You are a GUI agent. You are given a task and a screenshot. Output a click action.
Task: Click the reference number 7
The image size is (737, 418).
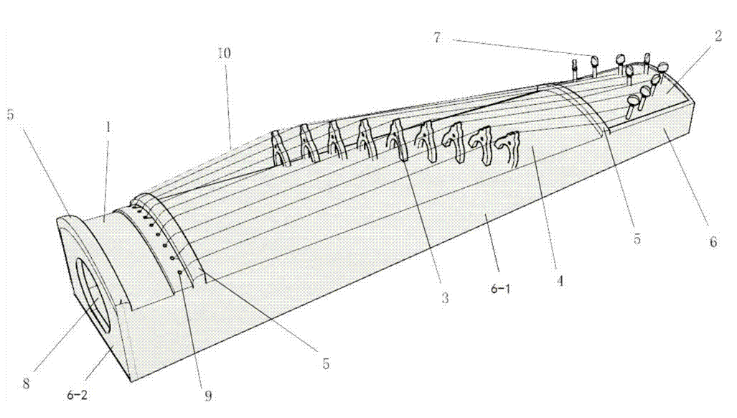(x=437, y=37)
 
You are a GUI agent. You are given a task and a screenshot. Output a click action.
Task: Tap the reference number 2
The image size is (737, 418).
(x=718, y=36)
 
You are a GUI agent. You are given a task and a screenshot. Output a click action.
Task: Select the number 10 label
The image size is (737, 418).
(x=224, y=53)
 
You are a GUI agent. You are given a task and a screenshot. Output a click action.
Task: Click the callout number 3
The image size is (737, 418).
(x=445, y=297)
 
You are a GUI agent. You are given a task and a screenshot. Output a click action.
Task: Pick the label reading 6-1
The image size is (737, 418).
(x=501, y=289)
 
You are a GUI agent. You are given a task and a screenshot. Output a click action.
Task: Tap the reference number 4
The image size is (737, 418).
(x=559, y=281)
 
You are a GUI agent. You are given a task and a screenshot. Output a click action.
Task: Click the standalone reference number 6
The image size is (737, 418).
(x=713, y=241)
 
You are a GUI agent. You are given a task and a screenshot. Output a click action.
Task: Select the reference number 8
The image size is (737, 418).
(x=27, y=384)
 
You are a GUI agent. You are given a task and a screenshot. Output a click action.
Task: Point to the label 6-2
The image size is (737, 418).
(x=77, y=395)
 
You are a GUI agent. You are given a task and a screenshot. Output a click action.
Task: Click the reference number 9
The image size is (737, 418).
(x=207, y=396)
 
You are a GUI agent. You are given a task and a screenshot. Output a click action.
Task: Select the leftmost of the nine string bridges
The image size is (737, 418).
(x=280, y=148)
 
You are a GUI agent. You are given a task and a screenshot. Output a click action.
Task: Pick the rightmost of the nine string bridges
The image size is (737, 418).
(x=509, y=147)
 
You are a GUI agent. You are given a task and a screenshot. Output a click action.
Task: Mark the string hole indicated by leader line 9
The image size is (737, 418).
(x=179, y=271)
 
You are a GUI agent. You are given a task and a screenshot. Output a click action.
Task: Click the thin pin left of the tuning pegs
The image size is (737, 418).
(x=574, y=69)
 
